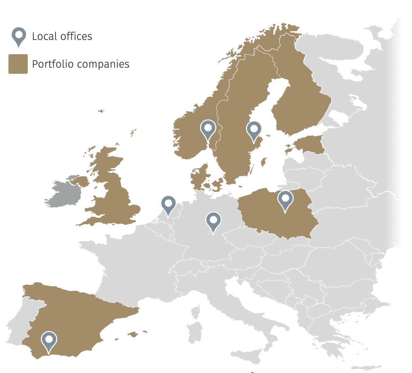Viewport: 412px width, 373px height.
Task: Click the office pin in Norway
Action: tap(208, 129)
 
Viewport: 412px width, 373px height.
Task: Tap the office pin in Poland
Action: tap(285, 199)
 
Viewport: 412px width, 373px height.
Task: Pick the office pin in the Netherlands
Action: tap(168, 204)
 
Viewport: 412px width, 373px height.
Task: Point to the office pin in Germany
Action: tap(213, 221)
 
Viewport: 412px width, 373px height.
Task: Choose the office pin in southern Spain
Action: tap(49, 340)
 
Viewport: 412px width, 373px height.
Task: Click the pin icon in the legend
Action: tap(19, 36)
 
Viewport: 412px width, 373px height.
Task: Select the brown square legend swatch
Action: tap(18, 64)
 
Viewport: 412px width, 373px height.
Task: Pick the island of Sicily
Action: tap(249, 355)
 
